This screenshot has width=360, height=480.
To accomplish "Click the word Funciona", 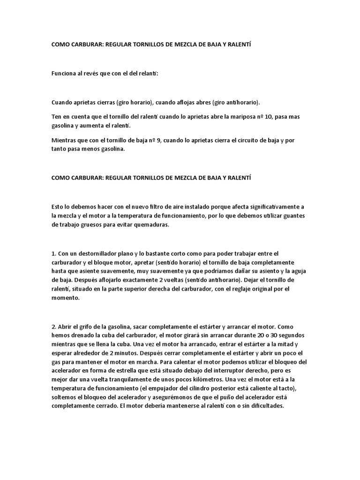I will pos(65,74).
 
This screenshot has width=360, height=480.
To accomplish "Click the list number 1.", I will pos(53,253).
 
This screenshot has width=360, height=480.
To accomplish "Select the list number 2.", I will pos(53,326).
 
